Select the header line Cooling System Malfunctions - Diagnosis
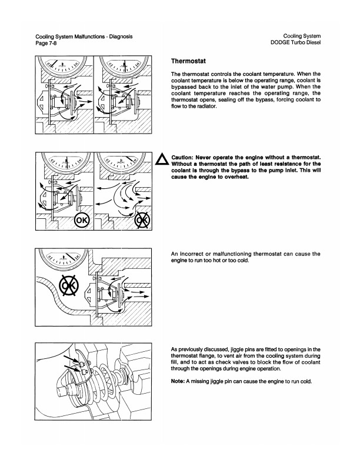(x=84, y=36)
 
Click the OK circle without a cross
(x=81, y=221)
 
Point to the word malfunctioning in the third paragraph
(x=242, y=254)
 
